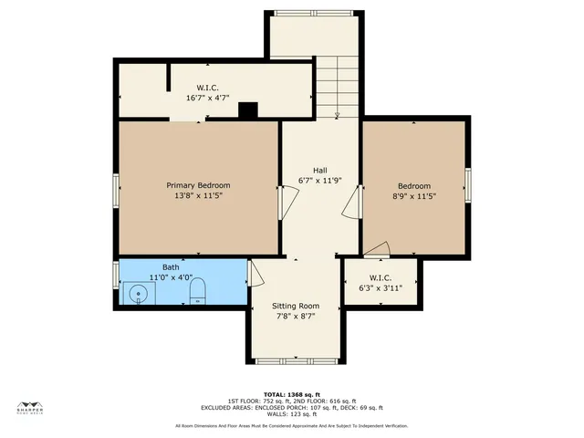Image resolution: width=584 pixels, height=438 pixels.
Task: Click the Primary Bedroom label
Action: pyautogui.click(x=198, y=185)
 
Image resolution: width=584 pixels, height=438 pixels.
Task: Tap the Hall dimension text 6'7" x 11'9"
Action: pyautogui.click(x=319, y=181)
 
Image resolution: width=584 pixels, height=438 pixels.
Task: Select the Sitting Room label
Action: pyautogui.click(x=296, y=306)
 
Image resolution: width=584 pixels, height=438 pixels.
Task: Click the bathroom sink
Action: pyautogui.click(x=139, y=293)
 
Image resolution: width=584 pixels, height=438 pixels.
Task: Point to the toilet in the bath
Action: pyautogui.click(x=197, y=291)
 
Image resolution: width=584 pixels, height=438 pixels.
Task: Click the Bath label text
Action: pyautogui.click(x=172, y=267)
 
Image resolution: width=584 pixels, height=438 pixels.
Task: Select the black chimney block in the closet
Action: pyautogui.click(x=247, y=109)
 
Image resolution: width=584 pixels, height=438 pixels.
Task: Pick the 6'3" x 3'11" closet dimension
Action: pyautogui.click(x=381, y=287)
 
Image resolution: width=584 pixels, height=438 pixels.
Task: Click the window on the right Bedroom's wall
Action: pyautogui.click(x=468, y=184)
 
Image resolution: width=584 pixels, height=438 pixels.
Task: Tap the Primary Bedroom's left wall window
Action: pyautogui.click(x=116, y=190)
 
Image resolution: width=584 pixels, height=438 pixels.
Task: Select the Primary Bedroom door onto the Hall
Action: pyautogui.click(x=284, y=202)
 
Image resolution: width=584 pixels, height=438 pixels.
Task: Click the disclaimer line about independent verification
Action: pyautogui.click(x=291, y=425)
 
